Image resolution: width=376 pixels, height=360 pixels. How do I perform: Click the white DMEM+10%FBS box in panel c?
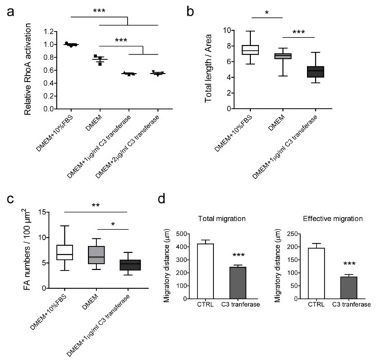point(66,253)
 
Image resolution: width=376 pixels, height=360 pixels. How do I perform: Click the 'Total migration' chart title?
point(242,220)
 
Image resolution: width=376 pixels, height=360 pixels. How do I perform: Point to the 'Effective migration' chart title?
point(336,220)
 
